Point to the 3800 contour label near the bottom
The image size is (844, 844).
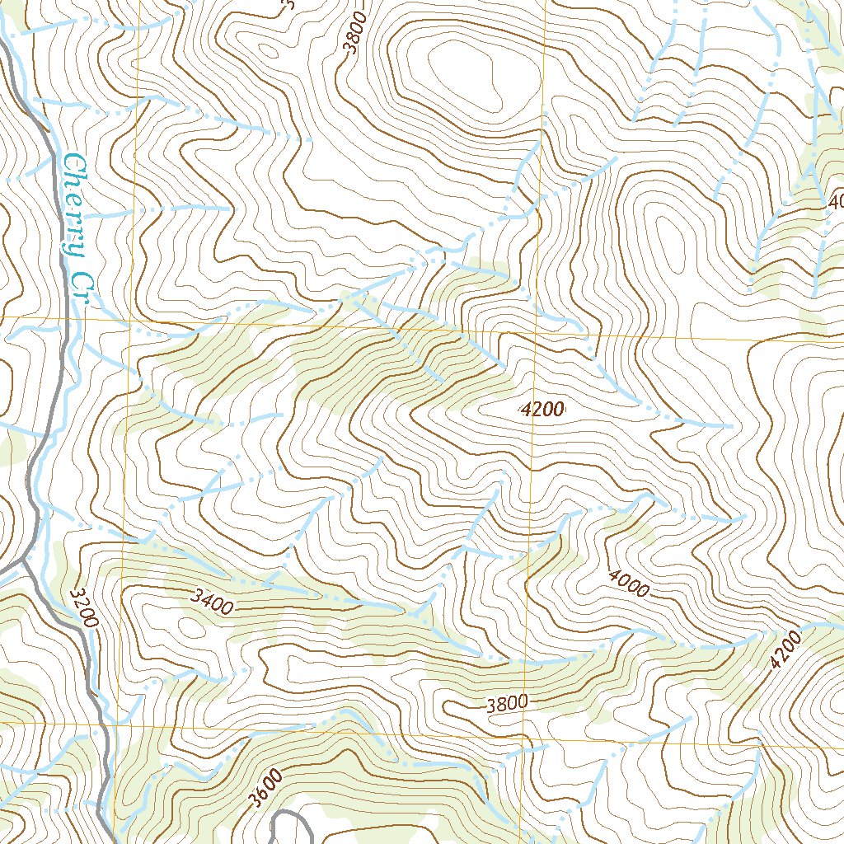(506, 704)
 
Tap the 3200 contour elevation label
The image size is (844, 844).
(84, 607)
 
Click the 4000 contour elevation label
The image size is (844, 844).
(630, 584)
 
